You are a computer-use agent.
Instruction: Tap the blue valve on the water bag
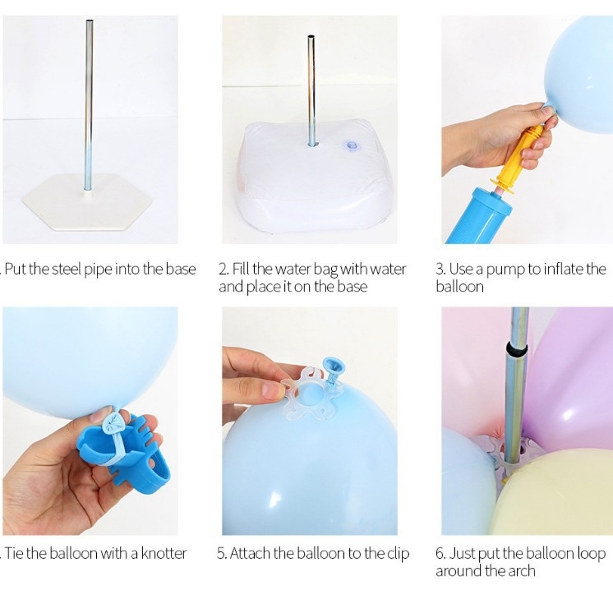coord(350,145)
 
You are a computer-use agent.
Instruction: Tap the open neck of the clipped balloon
coord(333,366)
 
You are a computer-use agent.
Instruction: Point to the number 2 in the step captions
coord(224,269)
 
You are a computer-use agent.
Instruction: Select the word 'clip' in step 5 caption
coord(399,555)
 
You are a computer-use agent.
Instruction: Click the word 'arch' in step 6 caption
coord(521,571)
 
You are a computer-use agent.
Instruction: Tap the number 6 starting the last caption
coord(440,554)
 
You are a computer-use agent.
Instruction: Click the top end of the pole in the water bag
coord(311,37)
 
